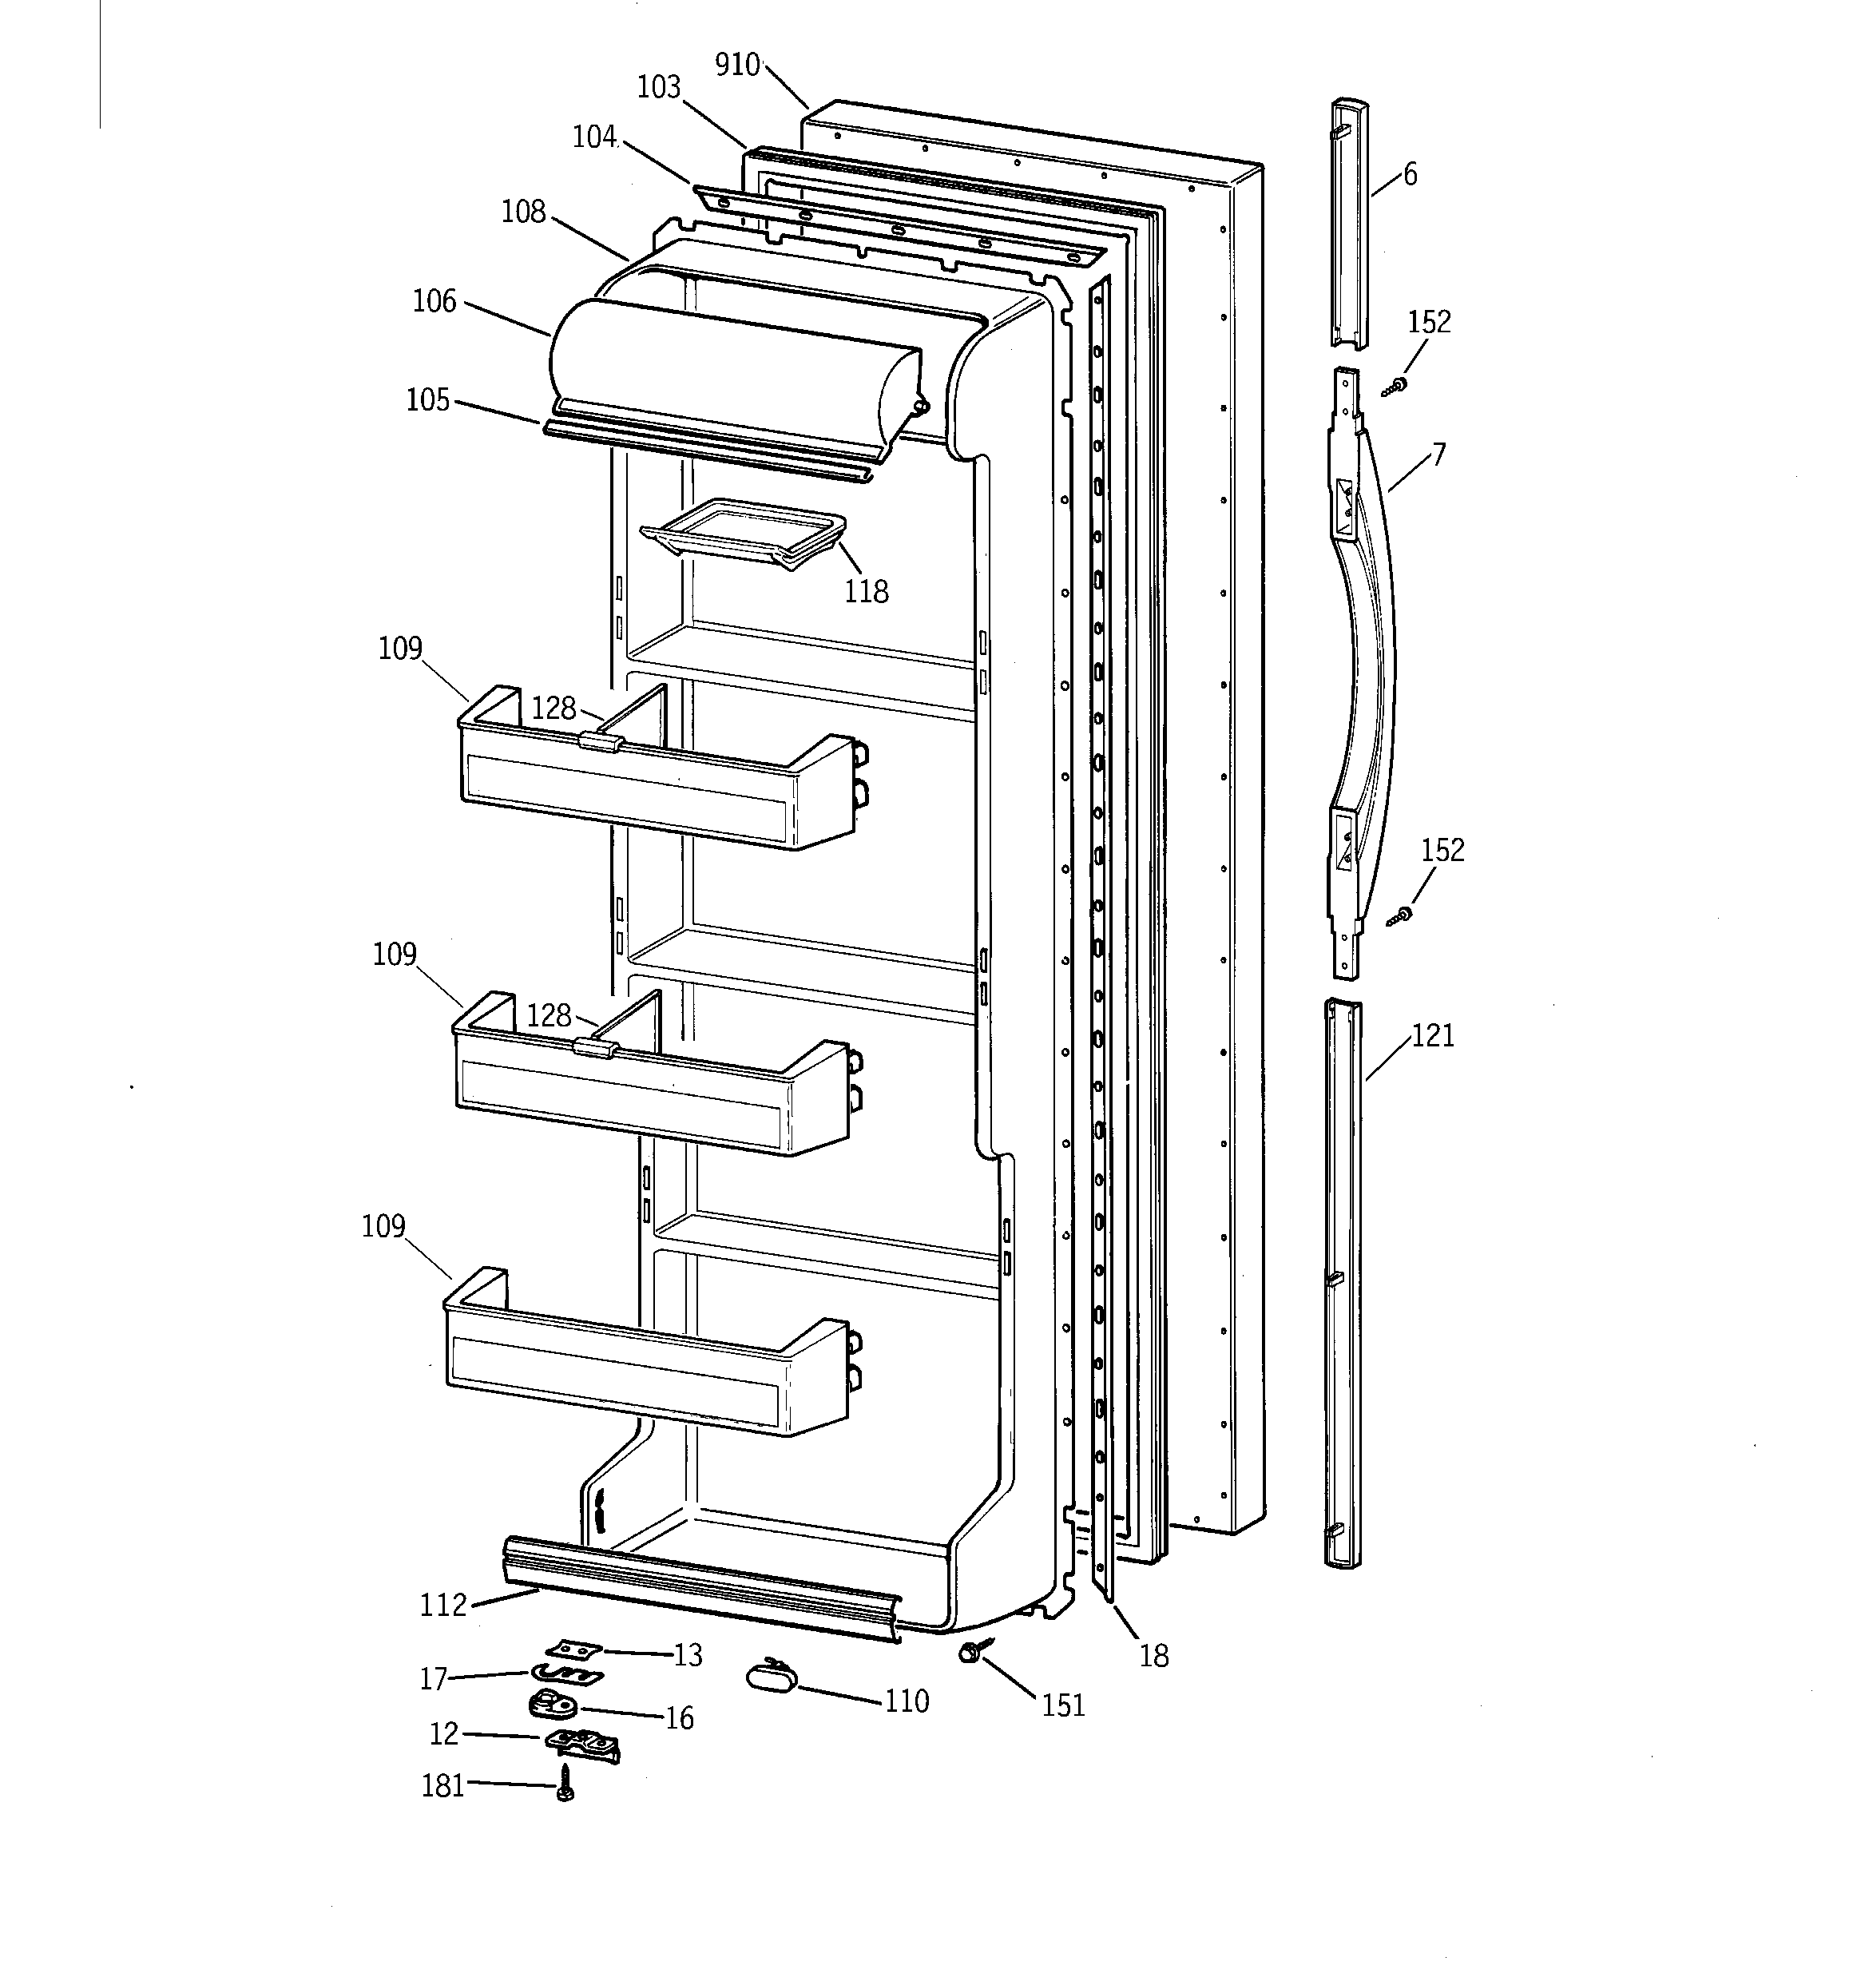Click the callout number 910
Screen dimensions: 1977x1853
pyautogui.click(x=737, y=66)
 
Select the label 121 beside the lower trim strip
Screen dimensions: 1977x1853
pyautogui.click(x=1432, y=1036)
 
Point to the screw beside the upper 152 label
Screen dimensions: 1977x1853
pyautogui.click(x=1398, y=386)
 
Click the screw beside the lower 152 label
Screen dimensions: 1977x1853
pyautogui.click(x=1402, y=915)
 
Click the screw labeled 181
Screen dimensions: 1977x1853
pyautogui.click(x=565, y=1782)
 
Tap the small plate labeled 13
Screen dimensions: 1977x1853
pyautogui.click(x=575, y=1648)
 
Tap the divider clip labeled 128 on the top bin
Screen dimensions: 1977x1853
pyautogui.click(x=600, y=741)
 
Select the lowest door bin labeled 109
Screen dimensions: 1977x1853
pyautogui.click(x=646, y=1368)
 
